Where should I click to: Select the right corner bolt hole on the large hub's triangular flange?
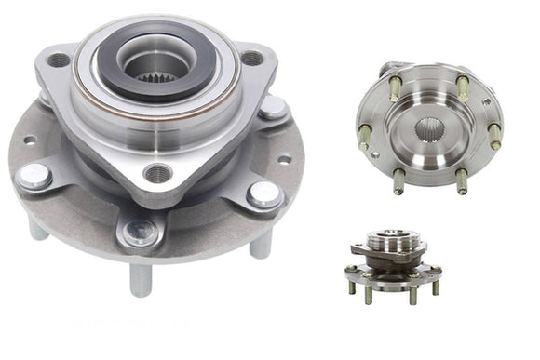(x=252, y=59)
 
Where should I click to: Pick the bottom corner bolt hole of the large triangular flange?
(x=157, y=173)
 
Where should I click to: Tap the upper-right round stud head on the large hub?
(x=273, y=108)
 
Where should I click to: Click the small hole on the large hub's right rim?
(x=284, y=159)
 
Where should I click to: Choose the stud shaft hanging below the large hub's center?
(x=141, y=278)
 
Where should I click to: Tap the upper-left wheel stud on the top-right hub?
(x=395, y=88)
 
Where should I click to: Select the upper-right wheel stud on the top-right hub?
(x=463, y=87)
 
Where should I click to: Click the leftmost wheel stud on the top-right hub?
(x=365, y=136)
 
